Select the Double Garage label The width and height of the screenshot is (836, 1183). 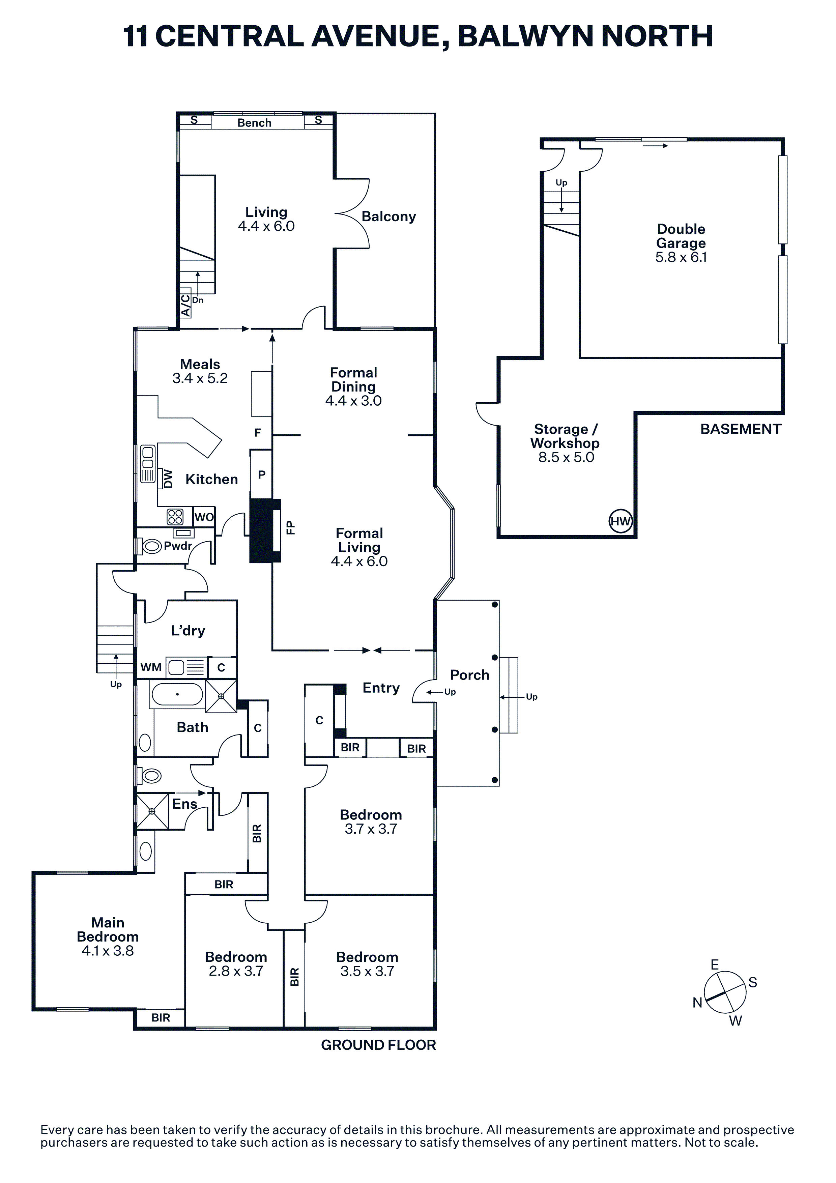click(x=681, y=236)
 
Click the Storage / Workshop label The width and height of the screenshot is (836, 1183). click(x=565, y=436)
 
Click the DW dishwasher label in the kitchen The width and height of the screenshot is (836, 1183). click(x=168, y=479)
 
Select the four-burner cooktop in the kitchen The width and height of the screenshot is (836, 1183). click(x=175, y=517)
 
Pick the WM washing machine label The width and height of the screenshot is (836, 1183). click(x=151, y=667)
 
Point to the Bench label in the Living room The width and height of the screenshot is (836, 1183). click(x=255, y=123)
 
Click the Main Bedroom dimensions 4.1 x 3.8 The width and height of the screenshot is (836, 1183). click(x=108, y=951)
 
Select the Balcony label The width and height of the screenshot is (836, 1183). click(x=388, y=217)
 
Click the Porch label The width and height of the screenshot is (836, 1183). click(x=469, y=675)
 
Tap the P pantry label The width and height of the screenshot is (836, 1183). click(x=262, y=474)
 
